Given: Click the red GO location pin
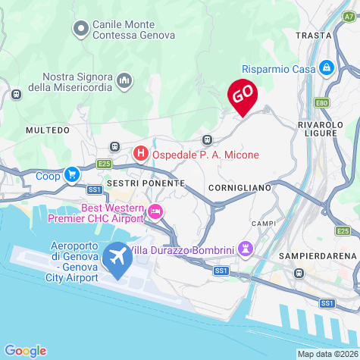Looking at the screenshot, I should coord(243,96).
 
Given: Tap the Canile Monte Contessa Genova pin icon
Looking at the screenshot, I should coord(81,30).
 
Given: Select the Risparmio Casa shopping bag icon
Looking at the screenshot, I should coord(327,69).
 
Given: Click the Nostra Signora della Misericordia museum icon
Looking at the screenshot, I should coord(125,80).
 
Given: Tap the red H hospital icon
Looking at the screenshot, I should coord(140,154).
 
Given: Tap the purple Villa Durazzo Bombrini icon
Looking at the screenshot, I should coord(246,249).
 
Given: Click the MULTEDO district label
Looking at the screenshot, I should coord(47,130).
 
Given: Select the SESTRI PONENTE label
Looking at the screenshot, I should coord(146,183).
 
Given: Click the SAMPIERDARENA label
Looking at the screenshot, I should coord(317,256).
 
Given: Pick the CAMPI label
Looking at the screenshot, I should coord(264,224).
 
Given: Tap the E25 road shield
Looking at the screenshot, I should coord(104,163).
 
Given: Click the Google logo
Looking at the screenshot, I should coord(25,350).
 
